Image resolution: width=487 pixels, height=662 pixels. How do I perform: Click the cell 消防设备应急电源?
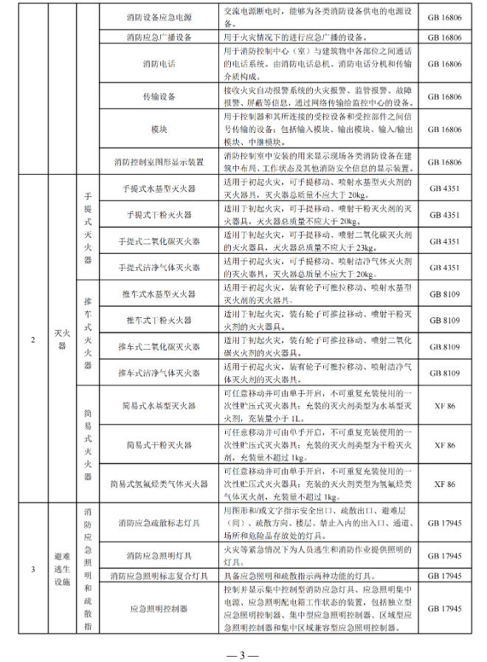[159, 15]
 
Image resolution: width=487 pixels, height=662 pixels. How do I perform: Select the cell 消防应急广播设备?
[159, 35]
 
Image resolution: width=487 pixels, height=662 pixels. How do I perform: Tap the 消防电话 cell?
[159, 64]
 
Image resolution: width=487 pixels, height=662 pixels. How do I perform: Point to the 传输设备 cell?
[159, 96]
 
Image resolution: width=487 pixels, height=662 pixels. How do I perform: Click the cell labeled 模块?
[159, 129]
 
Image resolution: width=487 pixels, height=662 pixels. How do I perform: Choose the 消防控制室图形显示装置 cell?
[159, 162]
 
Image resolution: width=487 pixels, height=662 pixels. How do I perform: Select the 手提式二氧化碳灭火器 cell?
[159, 241]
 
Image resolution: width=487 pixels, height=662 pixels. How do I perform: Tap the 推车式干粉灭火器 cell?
[159, 320]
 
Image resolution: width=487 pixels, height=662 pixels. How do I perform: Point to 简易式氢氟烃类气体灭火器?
[159, 484]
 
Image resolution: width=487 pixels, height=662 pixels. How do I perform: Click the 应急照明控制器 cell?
[159, 610]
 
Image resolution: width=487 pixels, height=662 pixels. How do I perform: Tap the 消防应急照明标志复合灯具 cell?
[159, 576]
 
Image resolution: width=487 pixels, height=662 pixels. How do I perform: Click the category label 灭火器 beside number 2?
[62, 340]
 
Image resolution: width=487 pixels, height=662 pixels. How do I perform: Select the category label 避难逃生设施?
[62, 569]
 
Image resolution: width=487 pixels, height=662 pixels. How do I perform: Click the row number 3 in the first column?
[32, 569]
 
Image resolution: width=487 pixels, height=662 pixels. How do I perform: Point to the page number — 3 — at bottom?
[243, 652]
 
